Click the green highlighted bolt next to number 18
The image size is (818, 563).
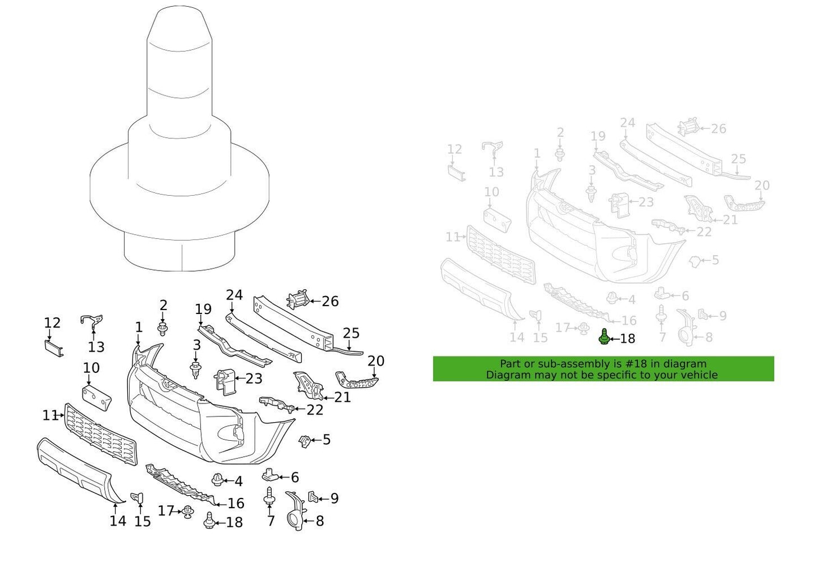(604, 337)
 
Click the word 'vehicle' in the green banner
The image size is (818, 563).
(698, 375)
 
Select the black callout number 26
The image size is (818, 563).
(330, 302)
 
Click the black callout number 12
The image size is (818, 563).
(52, 323)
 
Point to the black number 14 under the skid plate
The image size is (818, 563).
(118, 521)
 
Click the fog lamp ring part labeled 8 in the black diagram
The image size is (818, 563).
(294, 512)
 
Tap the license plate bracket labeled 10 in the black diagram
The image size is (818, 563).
(97, 397)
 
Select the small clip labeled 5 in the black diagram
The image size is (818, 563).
(305, 441)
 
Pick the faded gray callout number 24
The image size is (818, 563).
(627, 123)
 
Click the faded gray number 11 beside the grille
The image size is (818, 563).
(452, 237)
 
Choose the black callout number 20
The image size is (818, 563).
(376, 361)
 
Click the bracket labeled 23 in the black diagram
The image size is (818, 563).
(225, 381)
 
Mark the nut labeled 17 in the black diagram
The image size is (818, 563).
(187, 512)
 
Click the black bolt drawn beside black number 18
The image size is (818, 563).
(209, 521)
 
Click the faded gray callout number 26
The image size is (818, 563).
(718, 129)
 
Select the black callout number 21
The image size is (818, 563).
(342, 397)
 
